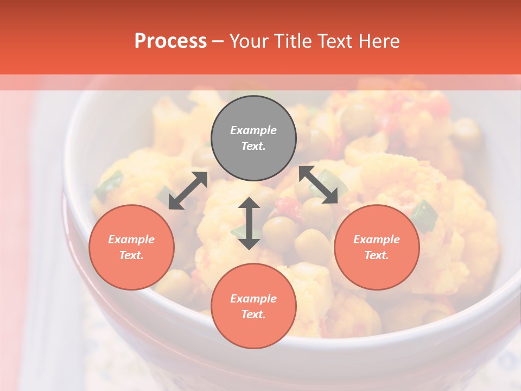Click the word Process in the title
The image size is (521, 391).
click(x=170, y=41)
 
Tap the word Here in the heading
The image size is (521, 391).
click(x=378, y=41)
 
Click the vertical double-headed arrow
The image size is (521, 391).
click(x=249, y=223)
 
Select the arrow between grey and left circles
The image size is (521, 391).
click(x=188, y=191)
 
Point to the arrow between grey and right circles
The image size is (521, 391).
click(x=319, y=185)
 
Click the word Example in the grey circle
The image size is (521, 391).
click(x=253, y=130)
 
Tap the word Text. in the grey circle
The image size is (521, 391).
click(x=253, y=146)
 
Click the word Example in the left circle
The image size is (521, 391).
click(x=131, y=239)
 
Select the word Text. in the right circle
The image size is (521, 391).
click(x=377, y=255)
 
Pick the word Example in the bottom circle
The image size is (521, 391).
click(x=253, y=299)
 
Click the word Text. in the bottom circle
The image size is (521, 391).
click(x=253, y=314)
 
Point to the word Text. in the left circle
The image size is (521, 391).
click(x=131, y=255)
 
